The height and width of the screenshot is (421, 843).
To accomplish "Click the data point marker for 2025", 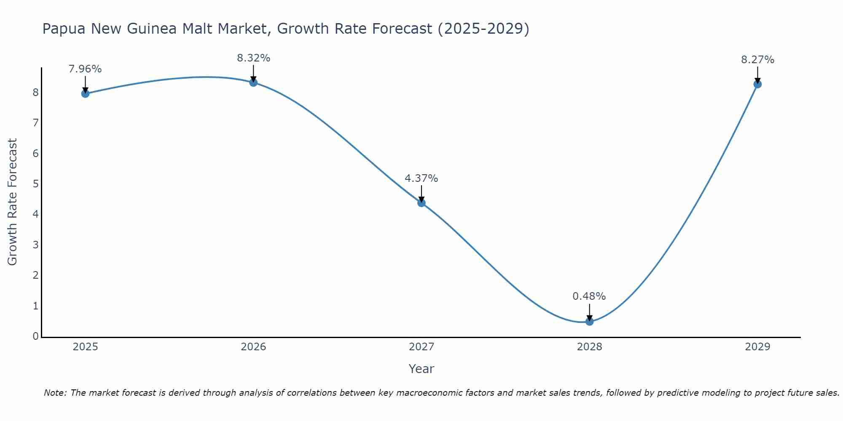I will point(85,93).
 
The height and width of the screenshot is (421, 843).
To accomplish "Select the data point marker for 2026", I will point(253,83).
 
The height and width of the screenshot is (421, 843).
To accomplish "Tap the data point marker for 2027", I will point(421,203).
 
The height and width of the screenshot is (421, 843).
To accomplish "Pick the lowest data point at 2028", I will point(589,322).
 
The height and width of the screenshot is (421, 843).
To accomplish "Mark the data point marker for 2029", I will point(757,84).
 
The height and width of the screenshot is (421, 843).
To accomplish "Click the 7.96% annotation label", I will point(85,69).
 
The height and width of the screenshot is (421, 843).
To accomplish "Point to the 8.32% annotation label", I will point(253,58).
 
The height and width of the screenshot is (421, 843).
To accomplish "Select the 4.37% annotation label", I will point(421,179).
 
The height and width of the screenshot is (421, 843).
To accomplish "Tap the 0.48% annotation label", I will point(589,296).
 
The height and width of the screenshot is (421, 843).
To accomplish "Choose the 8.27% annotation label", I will point(757,60).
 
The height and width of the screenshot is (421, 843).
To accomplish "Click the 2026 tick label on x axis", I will point(253,347).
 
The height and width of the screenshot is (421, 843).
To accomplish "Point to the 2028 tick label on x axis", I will point(589,347).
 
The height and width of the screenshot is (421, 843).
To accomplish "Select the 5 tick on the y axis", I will point(36,184).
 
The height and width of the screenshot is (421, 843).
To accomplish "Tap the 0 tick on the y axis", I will point(36,336).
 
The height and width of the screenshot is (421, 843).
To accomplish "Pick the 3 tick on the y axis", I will point(36,245).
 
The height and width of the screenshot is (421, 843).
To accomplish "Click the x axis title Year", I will point(421,369).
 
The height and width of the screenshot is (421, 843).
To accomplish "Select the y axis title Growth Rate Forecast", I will point(13,202).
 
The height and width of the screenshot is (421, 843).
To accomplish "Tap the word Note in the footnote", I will point(55,393).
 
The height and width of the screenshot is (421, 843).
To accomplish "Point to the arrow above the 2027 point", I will point(421,194).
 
